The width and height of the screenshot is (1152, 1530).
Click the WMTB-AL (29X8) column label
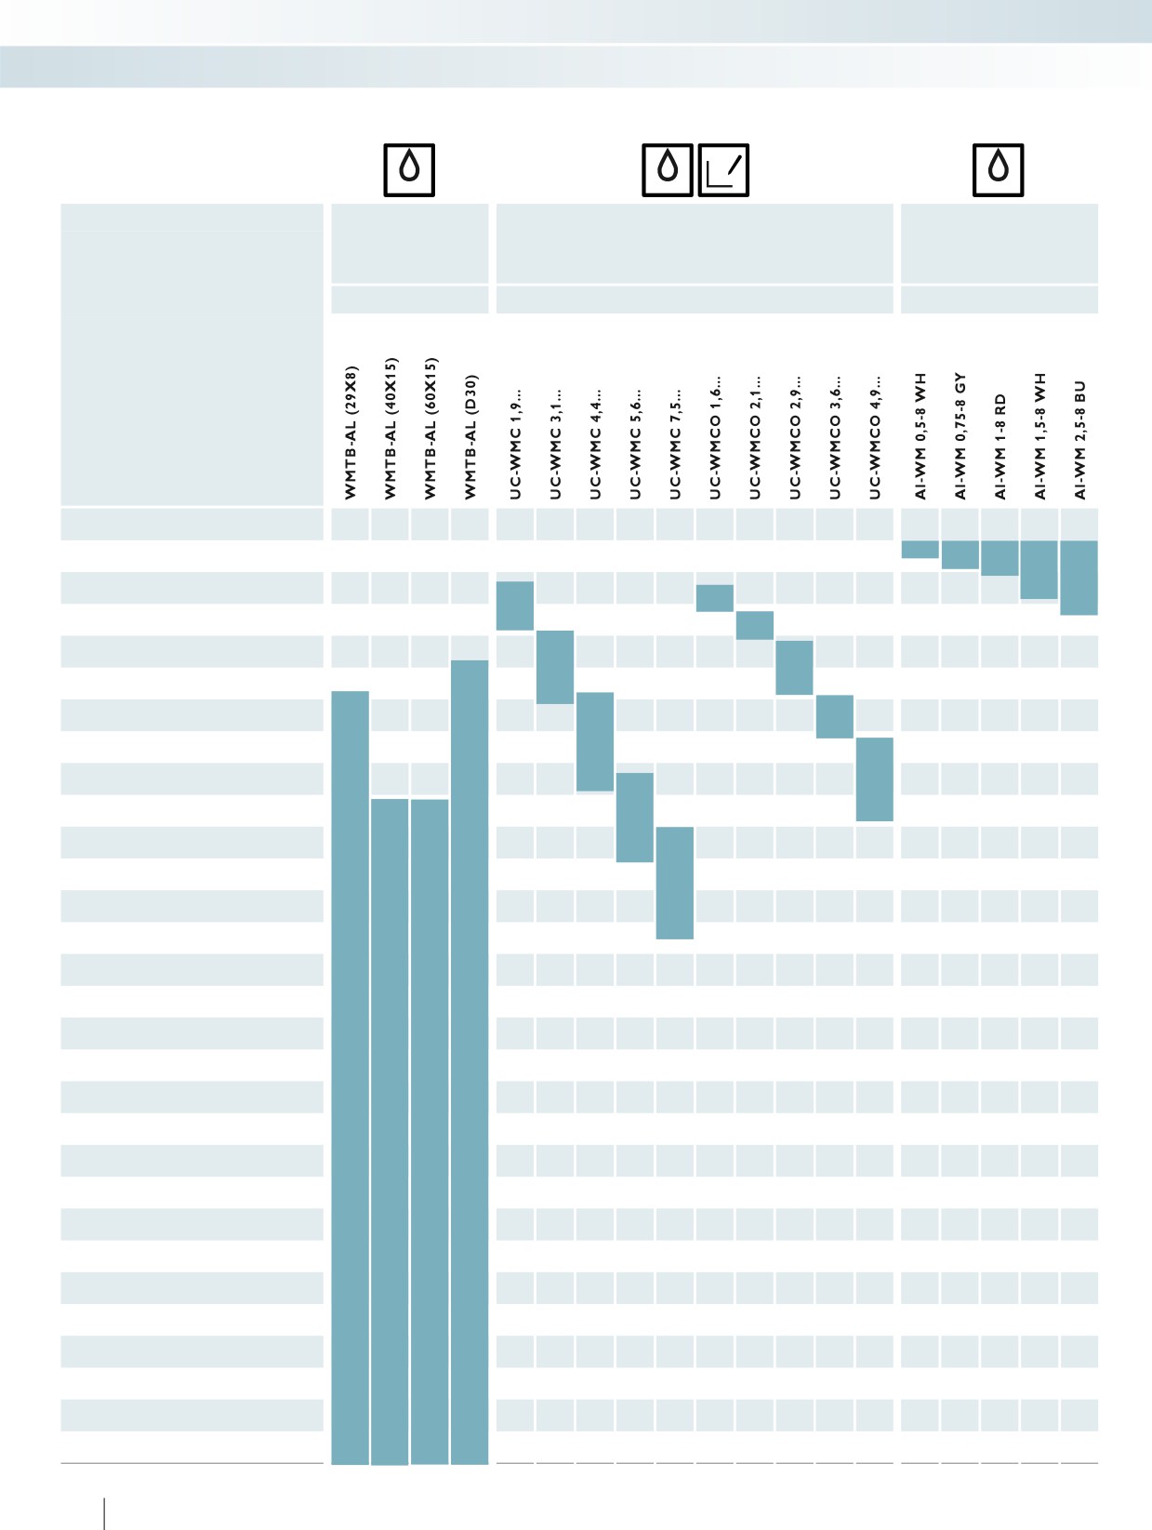click(351, 432)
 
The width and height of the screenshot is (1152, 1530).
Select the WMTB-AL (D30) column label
click(470, 437)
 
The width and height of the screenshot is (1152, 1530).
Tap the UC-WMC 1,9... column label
click(515, 444)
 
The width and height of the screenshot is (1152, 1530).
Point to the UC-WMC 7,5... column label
click(675, 444)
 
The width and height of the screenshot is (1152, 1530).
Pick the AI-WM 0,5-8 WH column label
click(920, 436)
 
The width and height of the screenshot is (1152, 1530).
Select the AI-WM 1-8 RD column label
click(1000, 446)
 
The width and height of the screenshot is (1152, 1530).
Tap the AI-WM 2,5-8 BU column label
click(1080, 440)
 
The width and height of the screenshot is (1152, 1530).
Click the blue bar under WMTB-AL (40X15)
click(390, 1132)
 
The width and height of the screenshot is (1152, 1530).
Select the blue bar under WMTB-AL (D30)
click(470, 1062)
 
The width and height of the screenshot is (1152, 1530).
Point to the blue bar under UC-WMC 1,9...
click(515, 605)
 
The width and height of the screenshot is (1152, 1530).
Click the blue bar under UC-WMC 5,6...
click(634, 817)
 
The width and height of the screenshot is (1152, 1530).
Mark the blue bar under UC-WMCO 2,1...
click(755, 625)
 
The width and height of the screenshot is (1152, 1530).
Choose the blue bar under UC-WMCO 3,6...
click(834, 716)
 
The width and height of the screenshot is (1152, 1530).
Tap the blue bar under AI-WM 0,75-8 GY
click(960, 555)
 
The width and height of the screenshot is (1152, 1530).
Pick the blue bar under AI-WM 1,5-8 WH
click(1039, 569)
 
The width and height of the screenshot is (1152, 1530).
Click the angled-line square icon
click(723, 170)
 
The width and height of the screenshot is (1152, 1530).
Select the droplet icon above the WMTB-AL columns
click(409, 170)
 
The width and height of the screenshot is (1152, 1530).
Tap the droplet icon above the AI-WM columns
click(998, 170)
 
